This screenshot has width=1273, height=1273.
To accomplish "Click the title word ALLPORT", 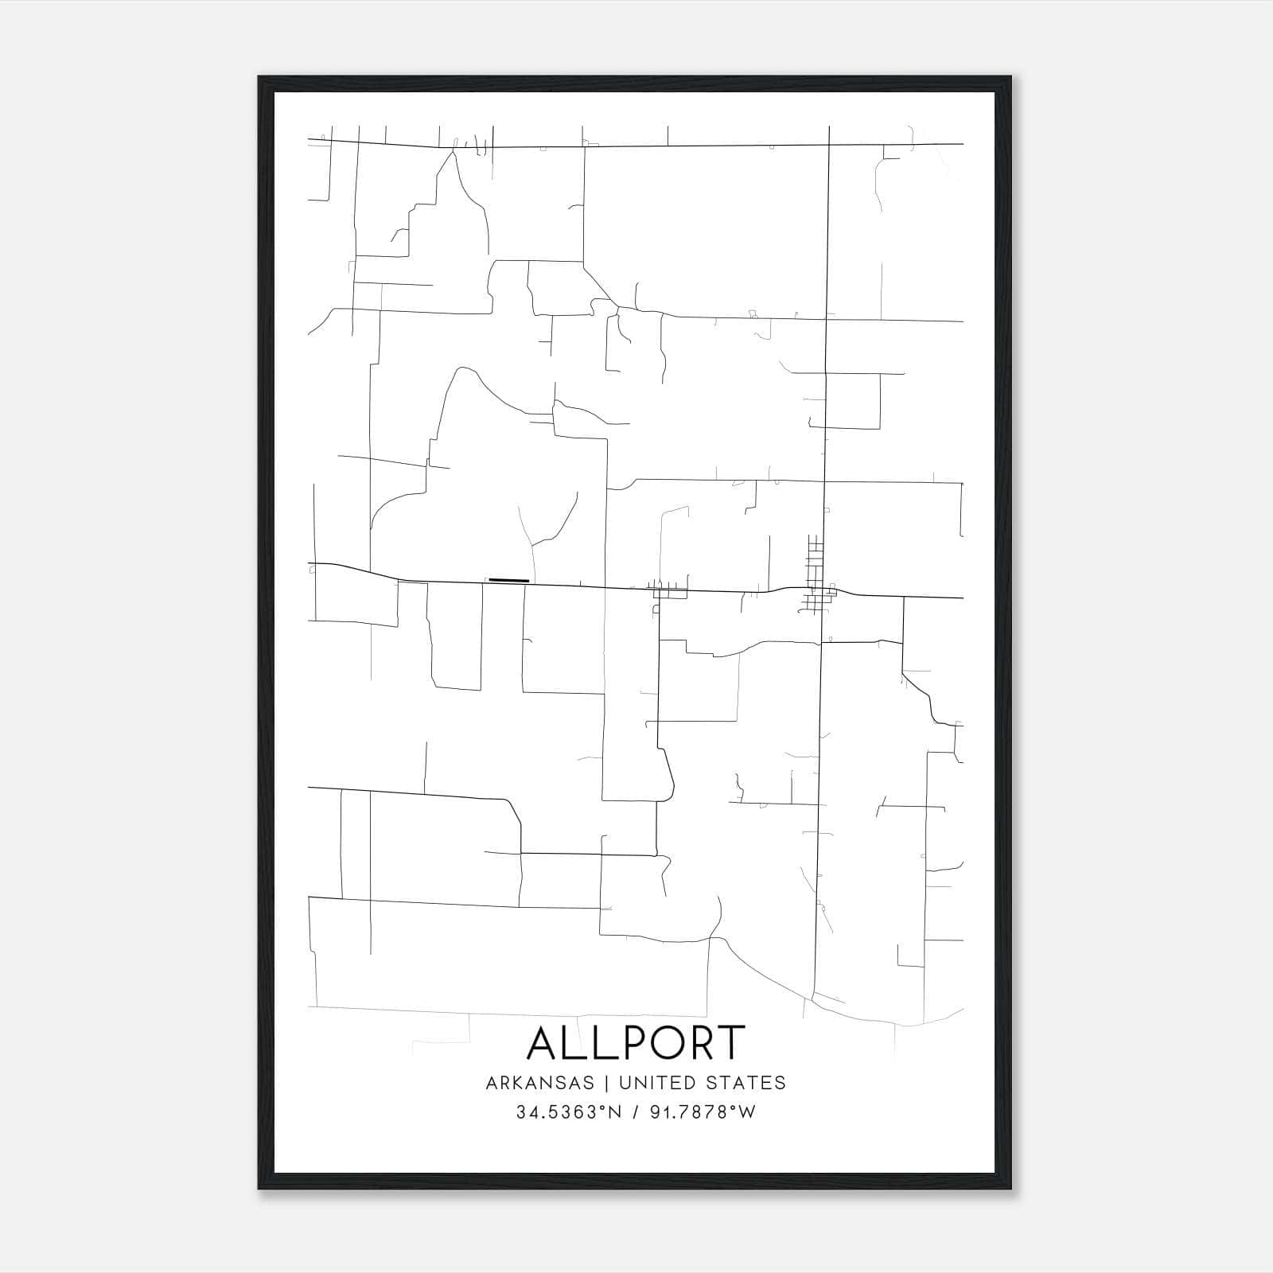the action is tap(636, 1043).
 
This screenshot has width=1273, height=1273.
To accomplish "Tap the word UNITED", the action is tap(655, 1083).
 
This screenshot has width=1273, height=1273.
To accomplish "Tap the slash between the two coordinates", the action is tap(633, 1112).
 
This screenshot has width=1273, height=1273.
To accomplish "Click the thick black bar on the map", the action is tap(508, 580).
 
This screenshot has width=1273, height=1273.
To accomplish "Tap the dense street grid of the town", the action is tap(816, 574).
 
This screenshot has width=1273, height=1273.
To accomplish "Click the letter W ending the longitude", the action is tap(747, 1112).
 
